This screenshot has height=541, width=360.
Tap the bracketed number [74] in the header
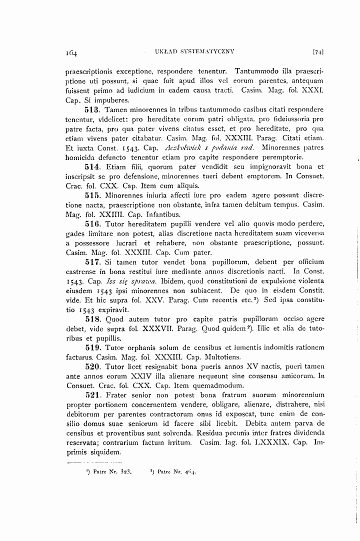point(318,51)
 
